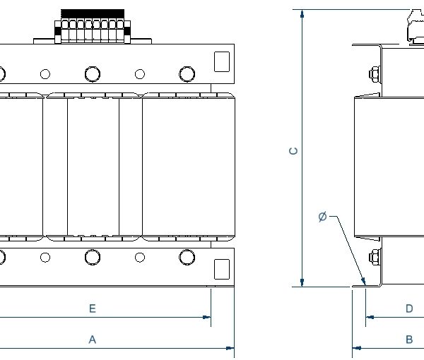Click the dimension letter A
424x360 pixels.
pyautogui.click(x=92, y=340)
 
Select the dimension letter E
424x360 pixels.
pyautogui.click(x=92, y=308)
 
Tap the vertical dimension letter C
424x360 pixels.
pyautogui.click(x=295, y=150)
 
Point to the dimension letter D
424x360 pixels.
pyautogui.click(x=409, y=308)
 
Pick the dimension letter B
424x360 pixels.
pyautogui.click(x=409, y=340)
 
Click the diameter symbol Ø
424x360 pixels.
pyautogui.click(x=322, y=217)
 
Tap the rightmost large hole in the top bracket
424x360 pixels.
pyautogui.click(x=187, y=73)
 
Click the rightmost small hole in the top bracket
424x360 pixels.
pyautogui.click(x=139, y=73)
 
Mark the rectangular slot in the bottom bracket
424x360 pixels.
pyautogui.click(x=221, y=269)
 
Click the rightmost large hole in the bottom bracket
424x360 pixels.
pyautogui.click(x=187, y=257)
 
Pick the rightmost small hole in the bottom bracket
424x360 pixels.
pyautogui.click(x=139, y=257)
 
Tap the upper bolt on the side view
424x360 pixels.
pyautogui.click(x=373, y=73)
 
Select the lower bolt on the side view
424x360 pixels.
pyautogui.click(x=373, y=258)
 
